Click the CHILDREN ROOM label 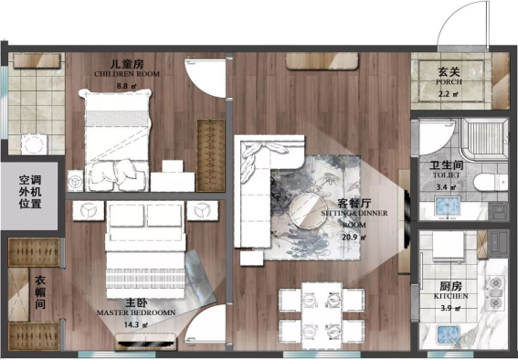[x=127, y=74]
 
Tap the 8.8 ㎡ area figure [x=126, y=87]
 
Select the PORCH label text [x=449, y=81]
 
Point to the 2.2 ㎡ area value [x=449, y=94]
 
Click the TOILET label [x=447, y=175]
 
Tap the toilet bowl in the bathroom [x=491, y=183]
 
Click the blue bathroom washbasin [x=448, y=206]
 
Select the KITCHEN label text [x=450, y=296]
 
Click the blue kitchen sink [x=448, y=335]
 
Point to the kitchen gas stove [x=495, y=293]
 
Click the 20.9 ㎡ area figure [x=354, y=238]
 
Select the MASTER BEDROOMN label [x=136, y=312]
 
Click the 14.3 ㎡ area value [x=136, y=325]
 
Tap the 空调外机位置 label [x=30, y=192]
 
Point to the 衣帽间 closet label [x=40, y=292]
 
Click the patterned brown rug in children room [x=210, y=155]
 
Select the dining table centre [x=322, y=314]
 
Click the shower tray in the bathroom [x=484, y=140]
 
